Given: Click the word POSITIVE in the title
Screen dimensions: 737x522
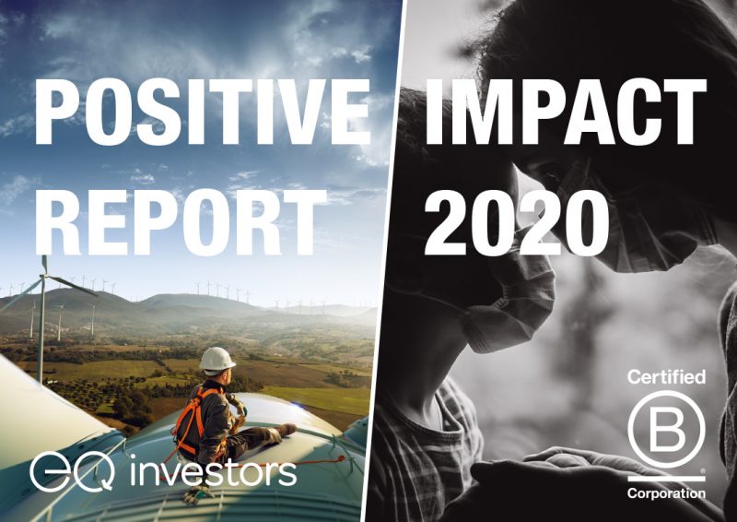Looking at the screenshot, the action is pyautogui.click(x=202, y=112).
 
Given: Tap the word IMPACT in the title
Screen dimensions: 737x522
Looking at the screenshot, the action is pyautogui.click(x=566, y=112).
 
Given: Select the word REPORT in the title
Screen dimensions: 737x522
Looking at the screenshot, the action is pyautogui.click(x=181, y=221).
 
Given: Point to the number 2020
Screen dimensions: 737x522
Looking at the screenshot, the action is pyautogui.click(x=517, y=221).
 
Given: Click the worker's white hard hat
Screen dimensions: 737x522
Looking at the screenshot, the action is pyautogui.click(x=216, y=359).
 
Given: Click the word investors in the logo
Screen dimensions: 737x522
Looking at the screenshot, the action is pyautogui.click(x=213, y=472).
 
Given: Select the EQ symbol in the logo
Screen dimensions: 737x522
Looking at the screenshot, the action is pyautogui.click(x=72, y=474).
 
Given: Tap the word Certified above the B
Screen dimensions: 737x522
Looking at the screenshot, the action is pyautogui.click(x=666, y=377).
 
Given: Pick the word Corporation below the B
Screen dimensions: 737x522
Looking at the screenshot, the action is pyautogui.click(x=666, y=493).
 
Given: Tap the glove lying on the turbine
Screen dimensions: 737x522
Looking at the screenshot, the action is pyautogui.click(x=196, y=494).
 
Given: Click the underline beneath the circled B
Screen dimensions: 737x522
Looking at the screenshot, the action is pyautogui.click(x=666, y=479).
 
